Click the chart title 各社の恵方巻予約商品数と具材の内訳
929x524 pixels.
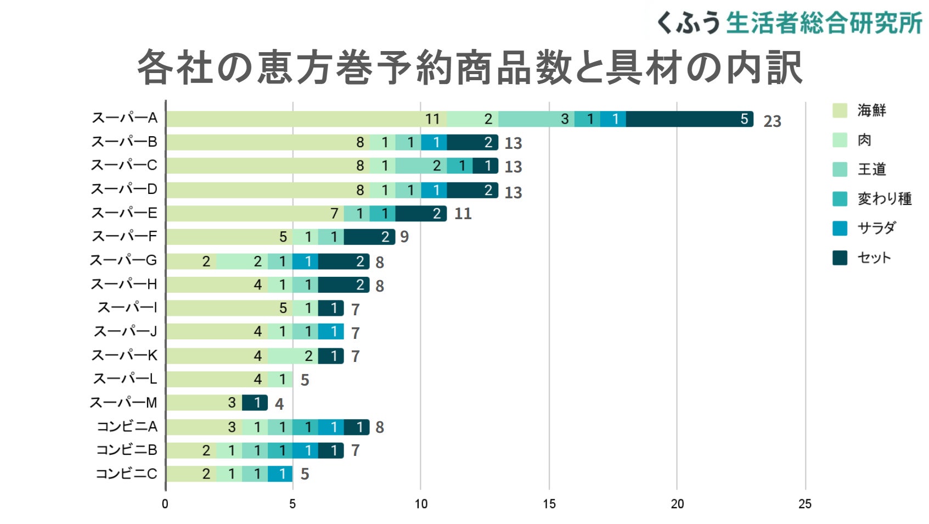pyautogui.click(x=469, y=68)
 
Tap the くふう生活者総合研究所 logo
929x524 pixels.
pyautogui.click(x=789, y=23)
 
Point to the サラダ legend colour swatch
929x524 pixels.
pyautogui.click(x=840, y=228)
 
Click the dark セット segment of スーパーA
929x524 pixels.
pyautogui.click(x=689, y=119)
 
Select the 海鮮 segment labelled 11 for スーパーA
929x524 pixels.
pyautogui.click(x=306, y=119)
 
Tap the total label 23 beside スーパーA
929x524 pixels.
pyautogui.click(x=772, y=121)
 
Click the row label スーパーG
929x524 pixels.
pyautogui.click(x=123, y=260)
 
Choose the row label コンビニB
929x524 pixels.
pyautogui.click(x=127, y=450)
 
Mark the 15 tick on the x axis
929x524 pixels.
pyautogui.click(x=549, y=504)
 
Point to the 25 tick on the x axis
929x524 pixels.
pyautogui.click(x=805, y=504)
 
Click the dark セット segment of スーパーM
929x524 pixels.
pyautogui.click(x=255, y=403)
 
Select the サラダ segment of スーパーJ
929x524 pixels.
pyautogui.click(x=331, y=332)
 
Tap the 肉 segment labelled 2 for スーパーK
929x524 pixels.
pyautogui.click(x=292, y=356)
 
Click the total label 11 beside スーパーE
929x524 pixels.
pyautogui.click(x=463, y=214)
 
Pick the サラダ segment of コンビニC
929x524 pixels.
pyautogui.click(x=280, y=474)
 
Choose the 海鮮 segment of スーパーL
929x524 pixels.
pyautogui.click(x=216, y=380)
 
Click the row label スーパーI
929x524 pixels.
pyautogui.click(x=127, y=308)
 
